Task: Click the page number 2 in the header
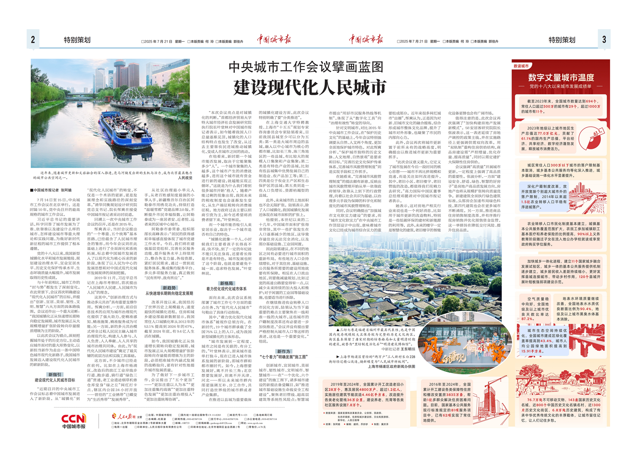(33, 40)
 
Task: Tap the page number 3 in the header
(604, 40)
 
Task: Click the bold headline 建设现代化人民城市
(310, 87)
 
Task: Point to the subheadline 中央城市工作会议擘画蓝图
(306, 67)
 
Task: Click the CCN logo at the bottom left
(74, 418)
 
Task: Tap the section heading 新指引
(55, 374)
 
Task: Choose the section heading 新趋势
(169, 288)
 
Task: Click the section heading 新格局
(226, 284)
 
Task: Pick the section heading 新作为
(283, 351)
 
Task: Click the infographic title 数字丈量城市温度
(561, 77)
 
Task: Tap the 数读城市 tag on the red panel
(521, 66)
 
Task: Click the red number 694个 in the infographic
(592, 101)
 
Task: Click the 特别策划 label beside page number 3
(562, 40)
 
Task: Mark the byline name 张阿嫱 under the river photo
(66, 190)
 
